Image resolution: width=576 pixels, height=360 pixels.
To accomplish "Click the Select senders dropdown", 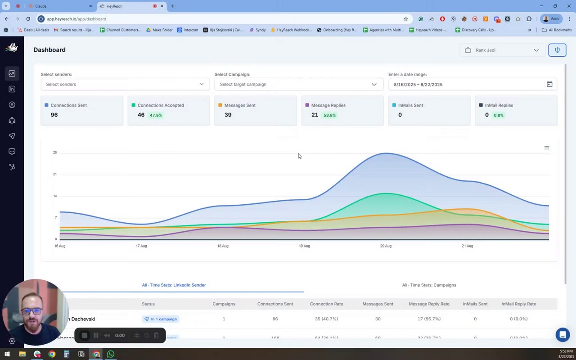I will [125, 84].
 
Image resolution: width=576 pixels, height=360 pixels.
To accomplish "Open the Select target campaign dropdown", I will [298, 84].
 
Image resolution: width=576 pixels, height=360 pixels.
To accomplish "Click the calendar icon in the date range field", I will [549, 84].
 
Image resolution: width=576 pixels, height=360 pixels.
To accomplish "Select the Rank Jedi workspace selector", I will [502, 50].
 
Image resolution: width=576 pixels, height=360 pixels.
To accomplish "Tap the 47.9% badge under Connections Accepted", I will [156, 115].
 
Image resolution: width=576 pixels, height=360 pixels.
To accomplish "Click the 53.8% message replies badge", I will [329, 115].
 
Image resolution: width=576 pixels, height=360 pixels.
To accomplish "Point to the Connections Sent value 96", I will [54, 115].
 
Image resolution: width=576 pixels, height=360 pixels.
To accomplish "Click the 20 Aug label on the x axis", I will [386, 246].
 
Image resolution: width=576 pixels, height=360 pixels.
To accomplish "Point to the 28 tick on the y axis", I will [55, 153].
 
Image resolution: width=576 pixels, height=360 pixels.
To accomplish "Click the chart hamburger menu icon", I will [547, 148].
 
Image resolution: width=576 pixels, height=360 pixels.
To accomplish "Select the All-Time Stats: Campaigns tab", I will [429, 285].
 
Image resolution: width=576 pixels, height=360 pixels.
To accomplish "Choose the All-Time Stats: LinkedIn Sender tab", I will [174, 285].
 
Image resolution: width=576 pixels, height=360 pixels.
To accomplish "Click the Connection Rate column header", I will [326, 304].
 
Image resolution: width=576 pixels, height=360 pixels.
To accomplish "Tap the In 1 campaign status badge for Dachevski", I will [160, 319].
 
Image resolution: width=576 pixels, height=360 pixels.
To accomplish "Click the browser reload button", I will [28, 19].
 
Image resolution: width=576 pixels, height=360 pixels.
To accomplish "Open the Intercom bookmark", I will [188, 30].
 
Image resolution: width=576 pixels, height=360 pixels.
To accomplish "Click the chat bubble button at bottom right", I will [562, 335].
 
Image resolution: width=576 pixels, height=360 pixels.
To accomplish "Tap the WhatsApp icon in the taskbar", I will [111, 354].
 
